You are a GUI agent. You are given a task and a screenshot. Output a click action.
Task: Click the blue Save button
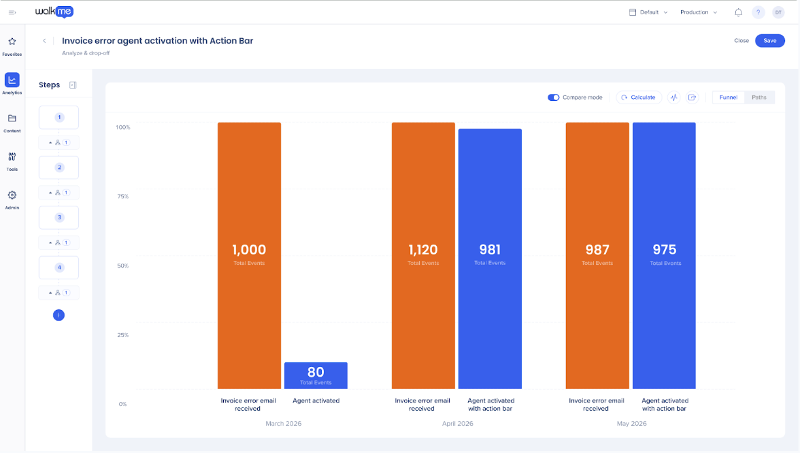tap(770, 41)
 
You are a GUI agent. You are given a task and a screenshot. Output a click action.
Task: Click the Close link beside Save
tap(741, 41)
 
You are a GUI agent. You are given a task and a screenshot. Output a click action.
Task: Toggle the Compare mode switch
tap(554, 97)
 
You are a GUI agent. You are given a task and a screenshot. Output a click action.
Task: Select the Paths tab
tap(759, 97)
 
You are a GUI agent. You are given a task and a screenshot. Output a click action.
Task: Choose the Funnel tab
tap(729, 97)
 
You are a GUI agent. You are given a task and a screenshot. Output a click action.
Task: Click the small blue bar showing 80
tap(316, 375)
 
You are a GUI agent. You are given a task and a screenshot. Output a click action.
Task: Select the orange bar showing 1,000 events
tap(250, 255)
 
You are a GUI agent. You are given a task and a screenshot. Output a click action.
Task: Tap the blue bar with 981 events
tap(490, 258)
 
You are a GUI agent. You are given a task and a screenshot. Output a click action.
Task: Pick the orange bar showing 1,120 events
tap(423, 255)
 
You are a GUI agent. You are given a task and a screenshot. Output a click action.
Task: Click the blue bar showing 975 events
tap(664, 255)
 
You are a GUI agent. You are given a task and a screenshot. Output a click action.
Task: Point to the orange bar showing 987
tap(597, 255)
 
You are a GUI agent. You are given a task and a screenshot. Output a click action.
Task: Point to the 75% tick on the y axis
tap(123, 197)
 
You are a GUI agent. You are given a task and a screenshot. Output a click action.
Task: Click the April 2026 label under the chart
tap(458, 424)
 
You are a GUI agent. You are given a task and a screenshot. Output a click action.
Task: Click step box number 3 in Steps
tap(59, 217)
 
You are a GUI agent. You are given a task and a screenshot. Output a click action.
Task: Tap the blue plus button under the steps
tap(59, 315)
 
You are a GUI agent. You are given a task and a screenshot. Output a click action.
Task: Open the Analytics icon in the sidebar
tap(12, 80)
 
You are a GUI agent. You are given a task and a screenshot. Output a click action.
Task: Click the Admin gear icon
tap(12, 195)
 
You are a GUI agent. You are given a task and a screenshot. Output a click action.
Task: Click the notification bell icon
tap(738, 12)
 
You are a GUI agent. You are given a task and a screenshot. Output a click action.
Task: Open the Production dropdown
tap(699, 12)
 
